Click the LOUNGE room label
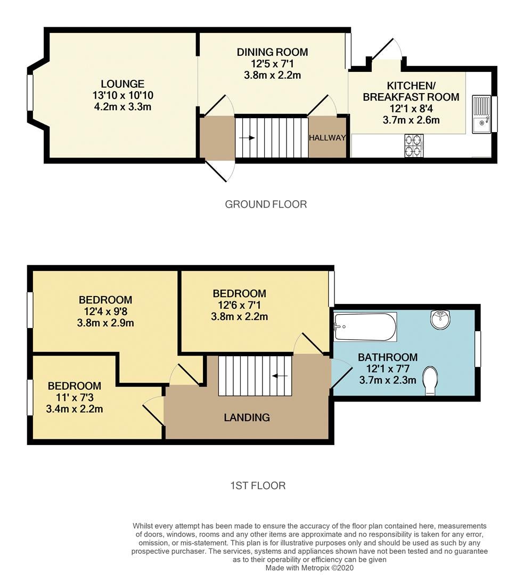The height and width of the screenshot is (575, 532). tap(122, 84)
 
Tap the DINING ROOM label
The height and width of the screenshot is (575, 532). tap(272, 52)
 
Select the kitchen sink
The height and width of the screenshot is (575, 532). tap(481, 114)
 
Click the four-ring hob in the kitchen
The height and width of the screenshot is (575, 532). tap(414, 145)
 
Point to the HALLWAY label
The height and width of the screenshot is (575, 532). tap(328, 138)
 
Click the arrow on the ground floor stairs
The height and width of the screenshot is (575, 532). tap(247, 138)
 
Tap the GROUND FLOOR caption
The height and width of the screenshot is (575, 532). tap(266, 204)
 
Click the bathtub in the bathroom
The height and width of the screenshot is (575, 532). tap(365, 327)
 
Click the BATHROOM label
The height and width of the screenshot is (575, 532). tap(388, 357)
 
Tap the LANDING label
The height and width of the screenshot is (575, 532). tap(247, 417)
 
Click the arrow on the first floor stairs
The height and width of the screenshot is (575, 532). tap(280, 376)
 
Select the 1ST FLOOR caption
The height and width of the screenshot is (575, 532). tap(258, 486)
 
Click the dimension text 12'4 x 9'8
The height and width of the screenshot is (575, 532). tap(105, 311)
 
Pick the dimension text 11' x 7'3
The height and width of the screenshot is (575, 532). tap(75, 398)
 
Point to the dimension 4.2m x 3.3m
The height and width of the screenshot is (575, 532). tap(122, 107)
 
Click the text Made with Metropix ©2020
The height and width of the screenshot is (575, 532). tap(309, 568)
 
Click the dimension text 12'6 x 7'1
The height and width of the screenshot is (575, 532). tap(239, 305)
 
